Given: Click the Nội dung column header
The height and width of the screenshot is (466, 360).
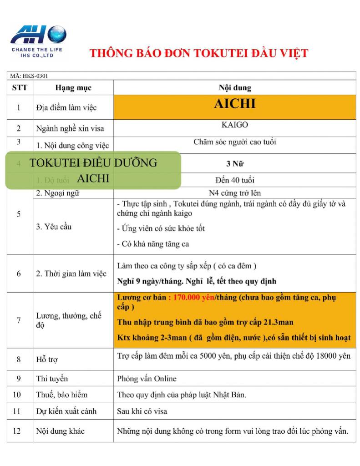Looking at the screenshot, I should click(235, 87).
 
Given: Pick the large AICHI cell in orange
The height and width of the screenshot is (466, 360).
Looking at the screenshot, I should click(235, 104).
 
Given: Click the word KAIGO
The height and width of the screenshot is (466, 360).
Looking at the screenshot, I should click(235, 125).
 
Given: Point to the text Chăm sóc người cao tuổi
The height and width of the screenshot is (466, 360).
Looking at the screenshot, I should click(235, 142).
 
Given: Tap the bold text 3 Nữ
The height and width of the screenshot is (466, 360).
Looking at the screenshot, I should click(235, 164).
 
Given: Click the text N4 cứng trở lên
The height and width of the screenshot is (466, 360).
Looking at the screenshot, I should click(235, 193).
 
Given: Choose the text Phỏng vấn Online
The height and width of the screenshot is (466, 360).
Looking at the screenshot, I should click(147, 378).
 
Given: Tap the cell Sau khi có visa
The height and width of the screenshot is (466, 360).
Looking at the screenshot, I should click(142, 411).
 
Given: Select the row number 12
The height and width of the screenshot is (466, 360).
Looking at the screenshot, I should click(19, 431).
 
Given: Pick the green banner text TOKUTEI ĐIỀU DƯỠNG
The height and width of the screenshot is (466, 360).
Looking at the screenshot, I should click(93, 163).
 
